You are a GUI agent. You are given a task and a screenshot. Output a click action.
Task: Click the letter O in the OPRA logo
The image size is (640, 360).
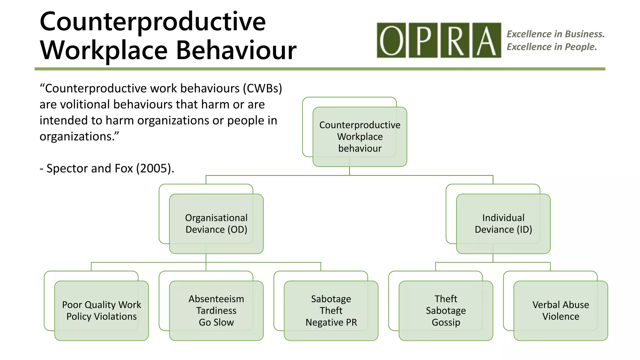pyautogui.click(x=391, y=40)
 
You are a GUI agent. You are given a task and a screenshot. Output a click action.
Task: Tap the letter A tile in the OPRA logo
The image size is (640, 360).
pyautogui.click(x=486, y=40)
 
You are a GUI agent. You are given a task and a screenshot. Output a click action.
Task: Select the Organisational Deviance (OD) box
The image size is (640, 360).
pyautogui.click(x=216, y=224)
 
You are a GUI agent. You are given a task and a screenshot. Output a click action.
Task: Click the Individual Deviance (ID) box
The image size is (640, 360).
pyautogui.click(x=503, y=224)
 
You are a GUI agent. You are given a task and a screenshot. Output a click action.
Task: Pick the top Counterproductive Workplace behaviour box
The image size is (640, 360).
pyautogui.click(x=360, y=137)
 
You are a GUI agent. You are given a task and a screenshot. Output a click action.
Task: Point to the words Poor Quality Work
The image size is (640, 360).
pyautogui.click(x=102, y=305)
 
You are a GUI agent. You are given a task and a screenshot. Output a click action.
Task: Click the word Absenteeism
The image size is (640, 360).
pyautogui.click(x=216, y=299)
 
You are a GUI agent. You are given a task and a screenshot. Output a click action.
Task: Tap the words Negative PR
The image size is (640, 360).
pyautogui.click(x=331, y=322)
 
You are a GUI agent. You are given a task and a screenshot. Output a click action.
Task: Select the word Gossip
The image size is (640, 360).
pyautogui.click(x=446, y=322)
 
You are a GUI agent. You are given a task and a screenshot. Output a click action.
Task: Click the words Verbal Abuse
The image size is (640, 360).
pyautogui.click(x=561, y=305)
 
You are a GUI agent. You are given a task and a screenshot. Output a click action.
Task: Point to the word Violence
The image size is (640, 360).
pyautogui.click(x=561, y=317)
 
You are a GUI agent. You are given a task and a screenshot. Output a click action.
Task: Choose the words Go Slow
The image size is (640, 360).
pyautogui.click(x=216, y=322)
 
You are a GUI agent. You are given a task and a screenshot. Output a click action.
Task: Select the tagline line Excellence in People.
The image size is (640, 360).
pyautogui.click(x=552, y=47)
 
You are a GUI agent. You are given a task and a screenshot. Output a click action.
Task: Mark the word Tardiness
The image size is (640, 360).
pyautogui.click(x=216, y=311)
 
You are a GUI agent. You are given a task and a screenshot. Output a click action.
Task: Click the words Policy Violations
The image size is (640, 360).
pyautogui.click(x=102, y=317)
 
